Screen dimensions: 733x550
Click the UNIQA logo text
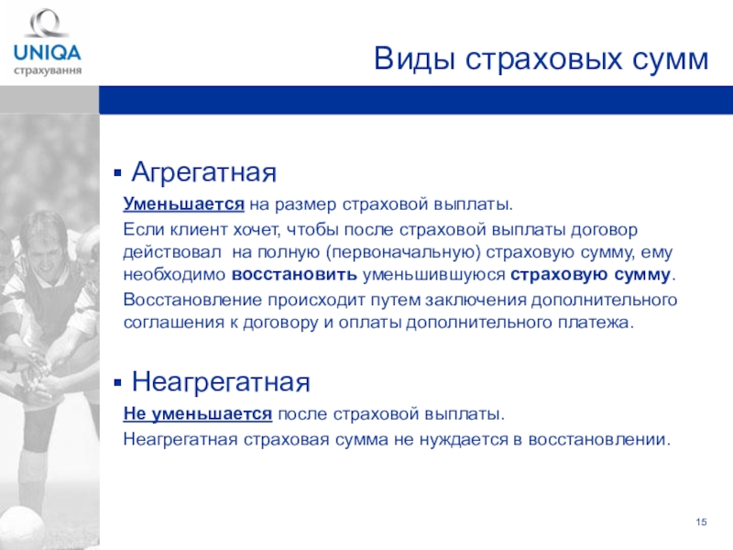(x=48, y=52)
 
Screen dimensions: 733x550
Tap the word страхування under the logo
(x=48, y=71)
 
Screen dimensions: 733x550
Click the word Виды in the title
(x=414, y=60)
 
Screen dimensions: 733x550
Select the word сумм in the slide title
(x=671, y=60)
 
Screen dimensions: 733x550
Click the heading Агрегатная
(x=203, y=172)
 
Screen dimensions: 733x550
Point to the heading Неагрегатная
(x=221, y=381)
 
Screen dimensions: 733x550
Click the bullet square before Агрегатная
(x=117, y=174)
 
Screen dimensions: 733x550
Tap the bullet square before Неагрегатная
(x=117, y=383)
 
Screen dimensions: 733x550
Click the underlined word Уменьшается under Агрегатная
(x=184, y=204)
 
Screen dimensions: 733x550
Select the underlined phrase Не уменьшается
(x=198, y=414)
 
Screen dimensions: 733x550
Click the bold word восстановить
(x=294, y=274)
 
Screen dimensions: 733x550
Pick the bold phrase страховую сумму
(x=590, y=274)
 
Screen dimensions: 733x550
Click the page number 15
(x=701, y=522)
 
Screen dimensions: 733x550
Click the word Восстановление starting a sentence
(x=192, y=300)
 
